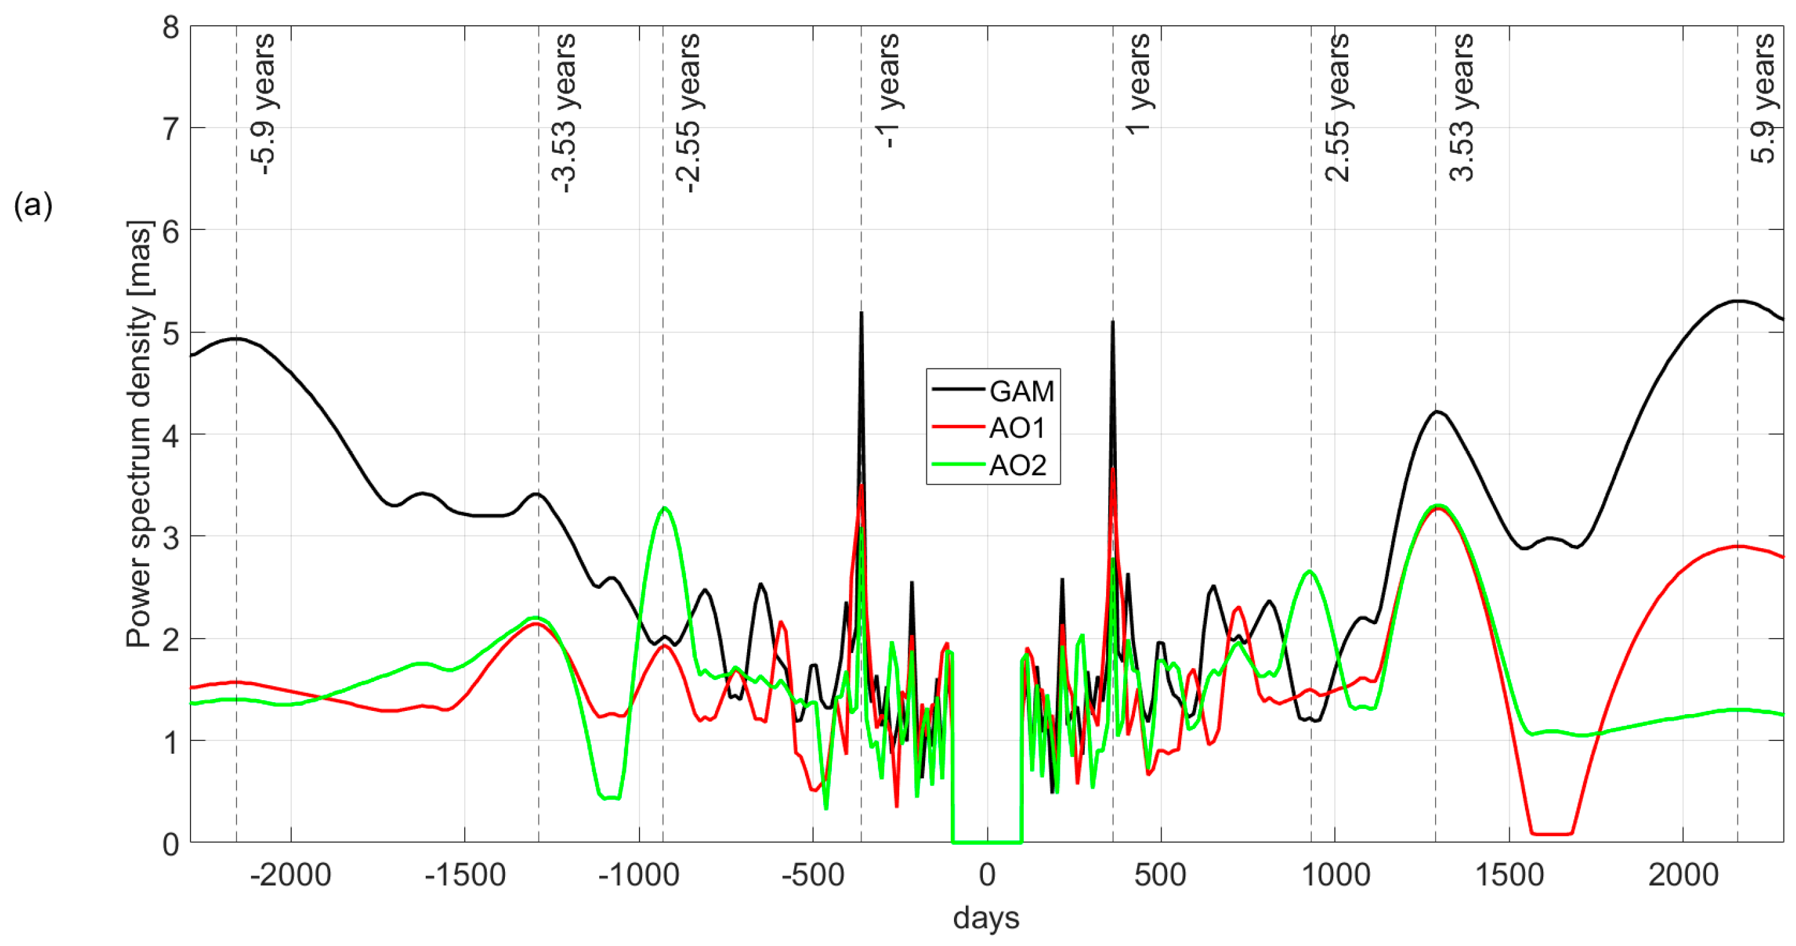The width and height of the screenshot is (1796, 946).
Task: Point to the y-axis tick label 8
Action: [171, 28]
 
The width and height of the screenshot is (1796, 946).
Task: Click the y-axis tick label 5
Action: [171, 333]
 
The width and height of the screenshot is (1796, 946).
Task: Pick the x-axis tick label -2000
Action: [290, 874]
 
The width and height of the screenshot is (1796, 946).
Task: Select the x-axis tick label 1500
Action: [1509, 874]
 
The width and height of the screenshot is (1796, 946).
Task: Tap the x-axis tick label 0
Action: [987, 874]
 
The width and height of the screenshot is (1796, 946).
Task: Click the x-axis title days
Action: [986, 918]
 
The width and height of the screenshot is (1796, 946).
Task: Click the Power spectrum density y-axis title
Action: [139, 434]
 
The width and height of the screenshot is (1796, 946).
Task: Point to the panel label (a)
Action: [33, 206]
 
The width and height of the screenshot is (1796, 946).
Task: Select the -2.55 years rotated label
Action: [688, 111]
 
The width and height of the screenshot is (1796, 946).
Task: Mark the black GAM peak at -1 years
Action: [862, 314]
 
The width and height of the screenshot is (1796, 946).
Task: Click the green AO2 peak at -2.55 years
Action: [665, 509]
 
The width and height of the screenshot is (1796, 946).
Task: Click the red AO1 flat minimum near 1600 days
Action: [1551, 833]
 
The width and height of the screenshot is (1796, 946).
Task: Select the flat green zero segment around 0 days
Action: [987, 842]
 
